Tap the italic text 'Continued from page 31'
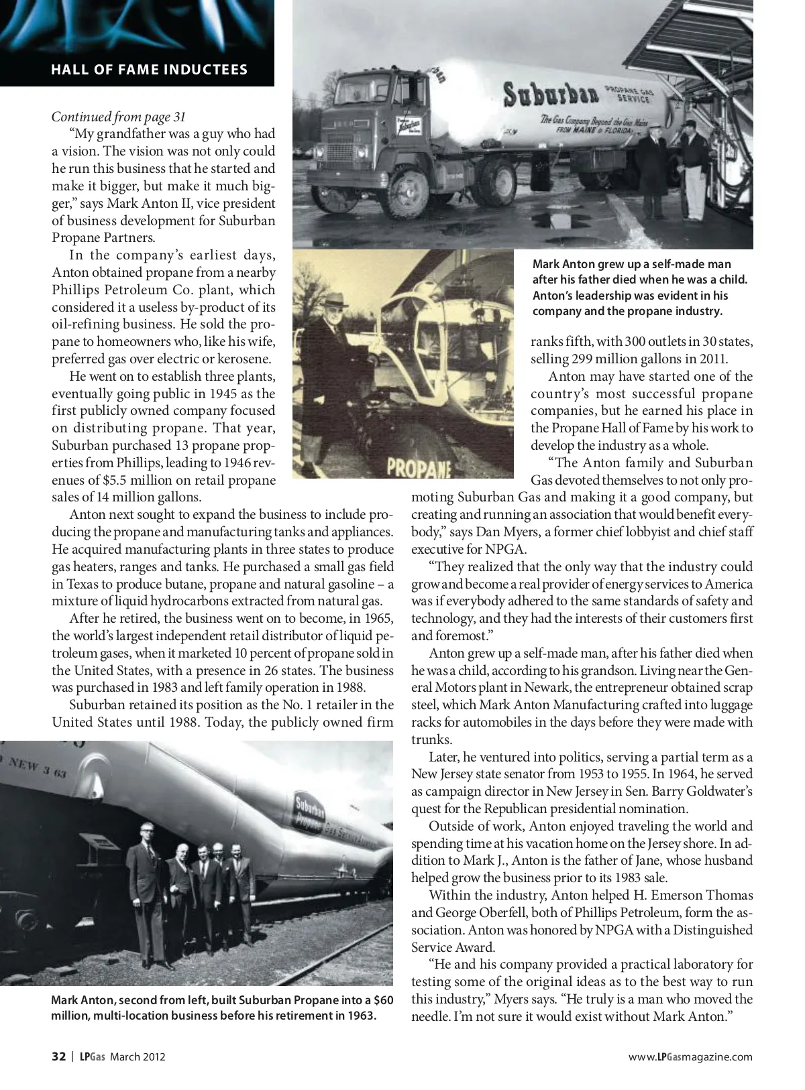click(x=119, y=117)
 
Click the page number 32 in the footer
click(x=58, y=1057)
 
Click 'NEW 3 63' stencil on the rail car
click(x=34, y=768)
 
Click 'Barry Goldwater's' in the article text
click(x=706, y=792)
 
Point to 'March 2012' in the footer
click(x=138, y=1057)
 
